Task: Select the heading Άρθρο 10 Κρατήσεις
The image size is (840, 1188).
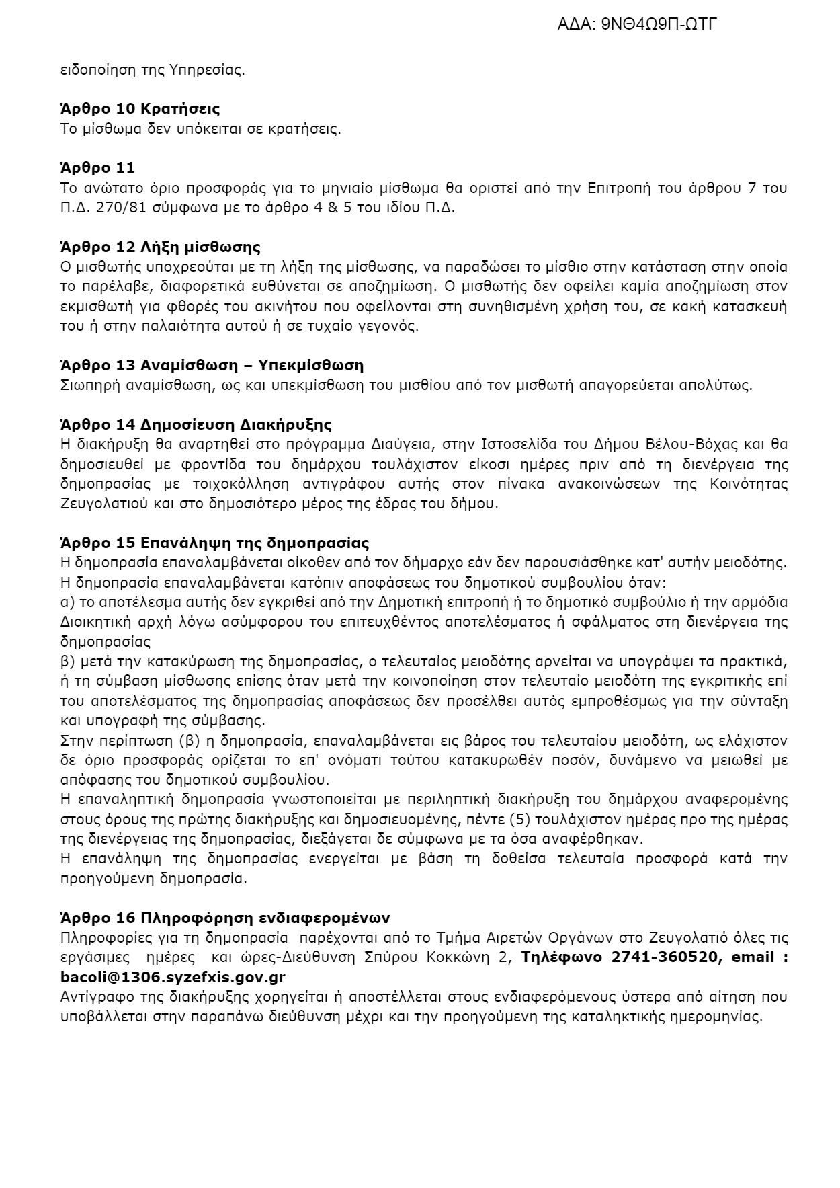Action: (x=140, y=109)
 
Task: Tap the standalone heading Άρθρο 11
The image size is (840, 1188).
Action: (x=97, y=168)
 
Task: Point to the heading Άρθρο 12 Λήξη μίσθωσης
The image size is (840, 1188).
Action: (x=160, y=247)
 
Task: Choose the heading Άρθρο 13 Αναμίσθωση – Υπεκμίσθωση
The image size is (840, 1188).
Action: (x=212, y=366)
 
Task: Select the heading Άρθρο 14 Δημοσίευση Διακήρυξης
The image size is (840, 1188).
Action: (x=196, y=425)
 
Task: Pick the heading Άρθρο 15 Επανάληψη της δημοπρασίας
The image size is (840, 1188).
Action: (x=214, y=543)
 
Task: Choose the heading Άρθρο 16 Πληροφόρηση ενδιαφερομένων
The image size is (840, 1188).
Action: (x=225, y=918)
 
